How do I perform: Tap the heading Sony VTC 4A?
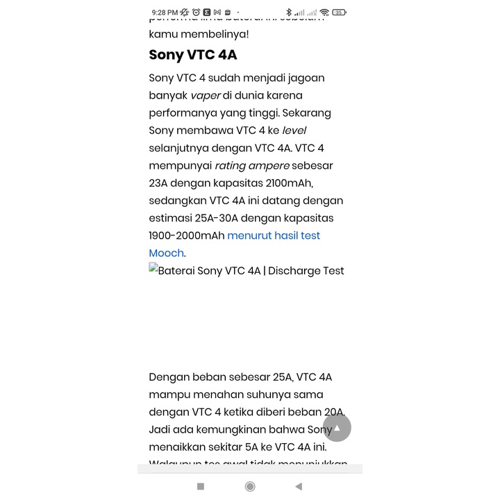tap(193, 55)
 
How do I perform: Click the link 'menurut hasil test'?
tap(274, 235)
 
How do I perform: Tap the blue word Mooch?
tap(166, 253)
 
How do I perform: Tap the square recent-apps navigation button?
tap(201, 487)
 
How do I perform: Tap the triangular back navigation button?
tap(299, 487)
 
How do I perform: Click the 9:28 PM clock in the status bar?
tap(164, 12)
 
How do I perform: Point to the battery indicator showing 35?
tap(339, 12)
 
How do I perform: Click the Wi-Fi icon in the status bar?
tap(324, 12)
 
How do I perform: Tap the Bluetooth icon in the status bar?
tap(289, 12)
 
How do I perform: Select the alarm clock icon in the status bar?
tap(196, 12)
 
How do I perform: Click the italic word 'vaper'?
tap(205, 95)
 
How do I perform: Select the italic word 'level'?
tap(294, 131)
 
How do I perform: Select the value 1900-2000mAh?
tap(186, 235)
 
